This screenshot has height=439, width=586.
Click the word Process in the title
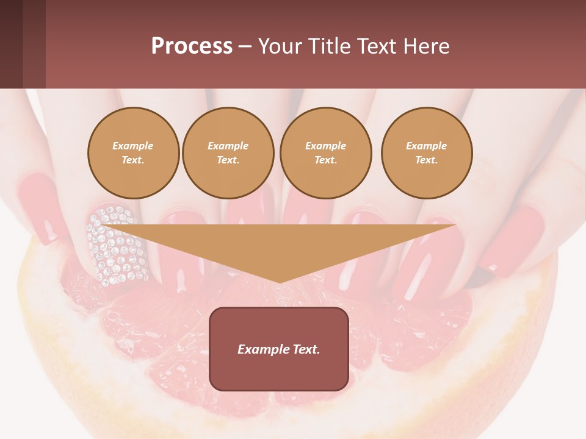pos(192,46)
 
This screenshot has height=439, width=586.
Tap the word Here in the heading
pos(425,46)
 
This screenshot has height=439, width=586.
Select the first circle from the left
pos(133,152)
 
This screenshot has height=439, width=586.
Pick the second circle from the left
pos(228,152)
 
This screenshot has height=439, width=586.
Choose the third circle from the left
pos(325,152)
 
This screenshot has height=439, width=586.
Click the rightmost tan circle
pos(426,152)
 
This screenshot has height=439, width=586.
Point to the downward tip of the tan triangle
pos(279,282)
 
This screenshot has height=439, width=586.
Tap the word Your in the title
pos(278,46)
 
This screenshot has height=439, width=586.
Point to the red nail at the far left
pos(40,207)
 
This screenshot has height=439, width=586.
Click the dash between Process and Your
pos(245,46)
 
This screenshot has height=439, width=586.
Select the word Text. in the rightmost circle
pos(426,160)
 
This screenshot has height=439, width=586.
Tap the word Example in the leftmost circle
pos(133,146)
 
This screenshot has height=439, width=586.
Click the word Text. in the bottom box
pos(305,349)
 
